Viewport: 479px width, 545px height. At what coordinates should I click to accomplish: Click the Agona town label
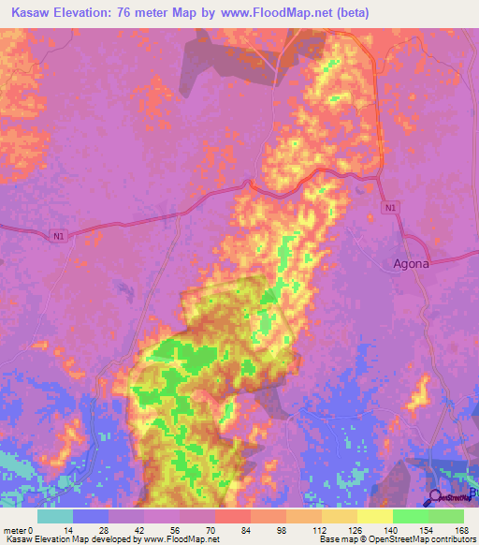coord(410,263)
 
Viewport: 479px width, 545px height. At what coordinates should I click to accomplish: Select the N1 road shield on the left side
coord(59,237)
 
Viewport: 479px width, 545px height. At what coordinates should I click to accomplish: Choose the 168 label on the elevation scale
coord(462,530)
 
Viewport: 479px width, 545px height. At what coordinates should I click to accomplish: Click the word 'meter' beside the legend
coord(15,530)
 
